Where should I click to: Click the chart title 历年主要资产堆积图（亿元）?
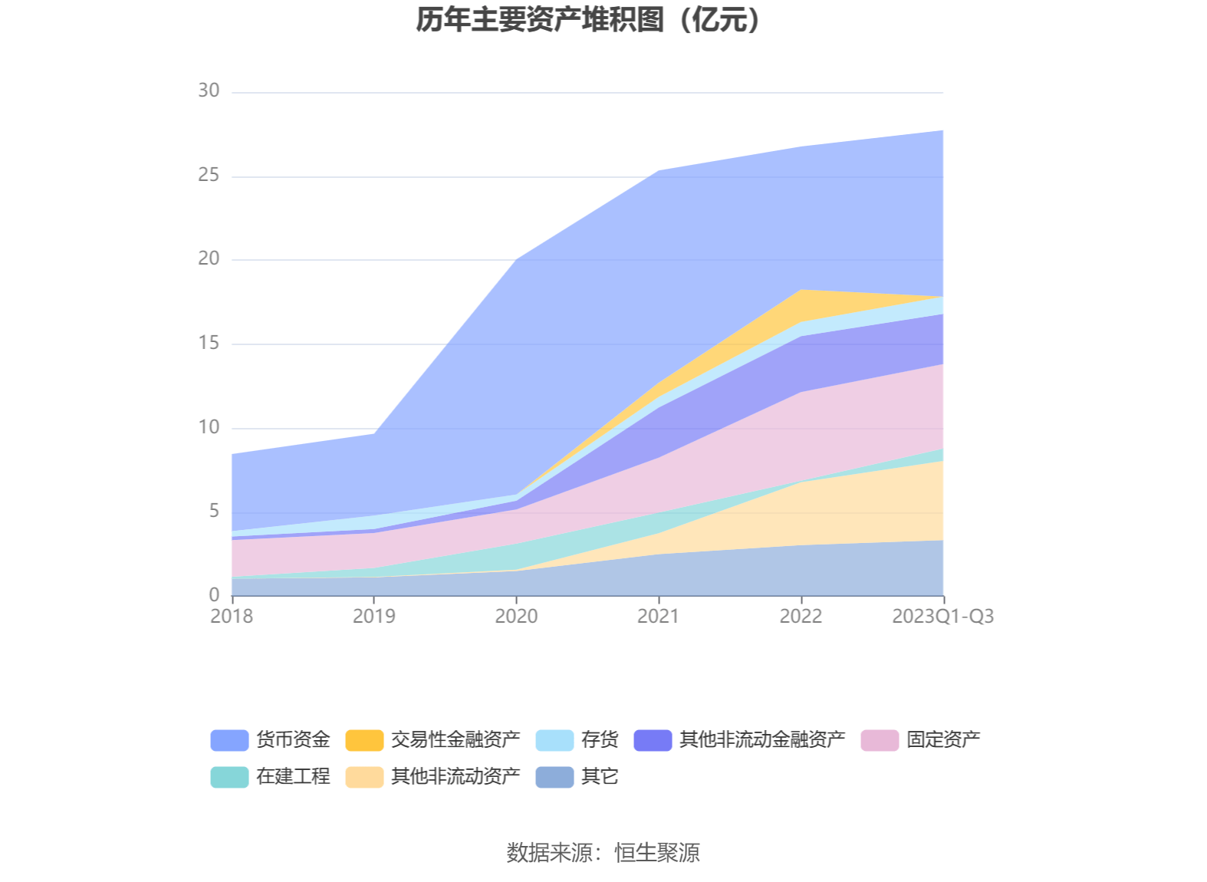(588, 21)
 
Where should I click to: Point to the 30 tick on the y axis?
(209, 91)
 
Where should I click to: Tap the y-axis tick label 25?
(209, 176)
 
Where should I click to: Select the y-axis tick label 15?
(209, 344)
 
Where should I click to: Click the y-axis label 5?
(214, 512)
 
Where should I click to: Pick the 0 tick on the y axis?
(214, 595)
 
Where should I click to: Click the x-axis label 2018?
(232, 617)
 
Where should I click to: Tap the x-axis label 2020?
(516, 617)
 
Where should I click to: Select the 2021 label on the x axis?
(659, 617)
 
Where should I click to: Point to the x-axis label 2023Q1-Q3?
(942, 617)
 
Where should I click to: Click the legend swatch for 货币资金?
(229, 740)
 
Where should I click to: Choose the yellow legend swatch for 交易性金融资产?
(364, 740)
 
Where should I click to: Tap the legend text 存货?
(599, 740)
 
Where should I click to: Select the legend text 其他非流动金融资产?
(761, 740)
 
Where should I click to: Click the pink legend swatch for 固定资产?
(880, 740)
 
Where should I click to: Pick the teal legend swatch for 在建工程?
(229, 777)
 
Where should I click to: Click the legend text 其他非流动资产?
(455, 777)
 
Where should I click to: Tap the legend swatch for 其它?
(554, 777)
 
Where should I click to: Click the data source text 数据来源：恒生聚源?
(603, 853)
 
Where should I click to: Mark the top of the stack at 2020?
(516, 261)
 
